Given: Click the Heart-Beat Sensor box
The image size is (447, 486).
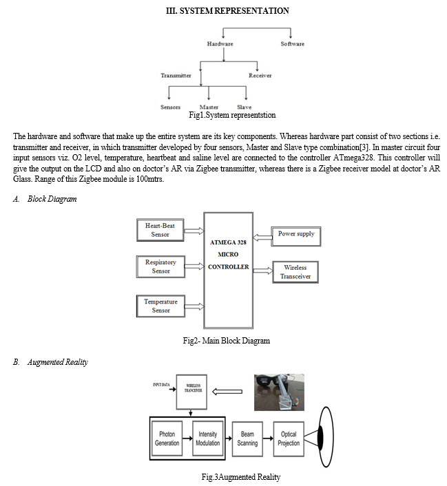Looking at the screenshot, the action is [x=160, y=230].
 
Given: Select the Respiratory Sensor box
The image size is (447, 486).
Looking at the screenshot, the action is [x=160, y=266].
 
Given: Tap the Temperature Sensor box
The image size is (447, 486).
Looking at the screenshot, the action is [x=160, y=306].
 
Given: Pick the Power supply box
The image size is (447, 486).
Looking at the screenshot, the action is [x=296, y=237].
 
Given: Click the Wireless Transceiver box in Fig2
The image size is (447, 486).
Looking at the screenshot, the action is [x=295, y=272].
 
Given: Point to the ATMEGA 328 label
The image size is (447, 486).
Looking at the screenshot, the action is [x=228, y=242].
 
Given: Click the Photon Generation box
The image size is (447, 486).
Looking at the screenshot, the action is [x=167, y=439].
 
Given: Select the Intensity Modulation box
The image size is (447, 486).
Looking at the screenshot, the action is [x=207, y=439].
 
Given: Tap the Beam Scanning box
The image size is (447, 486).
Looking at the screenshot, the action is [x=247, y=439].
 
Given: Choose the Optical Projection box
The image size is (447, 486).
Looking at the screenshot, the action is [x=289, y=439].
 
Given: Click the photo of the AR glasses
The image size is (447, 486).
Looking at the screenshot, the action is [x=279, y=392].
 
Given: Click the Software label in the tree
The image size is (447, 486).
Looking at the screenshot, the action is [x=292, y=44].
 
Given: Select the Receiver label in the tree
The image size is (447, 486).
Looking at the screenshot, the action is [x=260, y=76].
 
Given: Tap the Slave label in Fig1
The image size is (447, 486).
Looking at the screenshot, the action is [x=244, y=107].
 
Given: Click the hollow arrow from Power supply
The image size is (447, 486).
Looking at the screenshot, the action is [x=262, y=237].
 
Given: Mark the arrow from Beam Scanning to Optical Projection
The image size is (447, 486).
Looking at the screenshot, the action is [x=268, y=439].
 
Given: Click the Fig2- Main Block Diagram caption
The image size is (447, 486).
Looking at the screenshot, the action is [x=226, y=341].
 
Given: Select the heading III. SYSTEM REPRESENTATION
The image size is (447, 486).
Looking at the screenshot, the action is [x=227, y=11].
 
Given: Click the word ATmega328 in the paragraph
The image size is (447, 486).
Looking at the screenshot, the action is [x=353, y=158].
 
